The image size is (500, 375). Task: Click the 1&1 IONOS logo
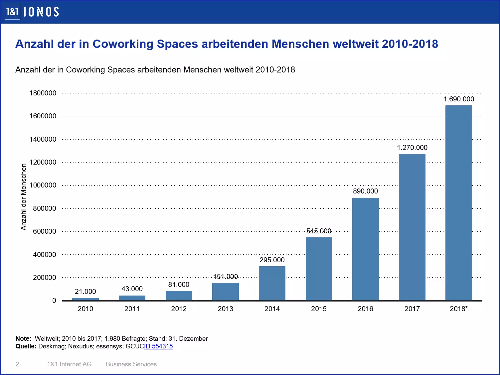32,12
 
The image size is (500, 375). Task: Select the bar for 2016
365,249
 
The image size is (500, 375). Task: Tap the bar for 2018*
458,203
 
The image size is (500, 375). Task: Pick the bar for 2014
272,283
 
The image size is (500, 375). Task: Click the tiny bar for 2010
85,299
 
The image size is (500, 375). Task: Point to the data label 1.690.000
459,99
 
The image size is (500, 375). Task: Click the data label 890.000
365,191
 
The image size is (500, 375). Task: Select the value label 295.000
272,260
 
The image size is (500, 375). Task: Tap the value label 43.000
132,289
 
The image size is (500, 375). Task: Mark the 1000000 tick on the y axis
43,185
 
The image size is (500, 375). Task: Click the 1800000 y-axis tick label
43,93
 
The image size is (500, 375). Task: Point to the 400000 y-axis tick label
45,255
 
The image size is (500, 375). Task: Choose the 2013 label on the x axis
225,309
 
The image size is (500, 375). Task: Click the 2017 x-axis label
412,309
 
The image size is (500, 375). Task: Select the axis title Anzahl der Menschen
23,197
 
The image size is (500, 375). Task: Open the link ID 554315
158,346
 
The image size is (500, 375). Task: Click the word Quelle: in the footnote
26,346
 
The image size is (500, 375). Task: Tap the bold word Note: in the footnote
23,339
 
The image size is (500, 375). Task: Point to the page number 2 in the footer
17,364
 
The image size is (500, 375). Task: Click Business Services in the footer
131,364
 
